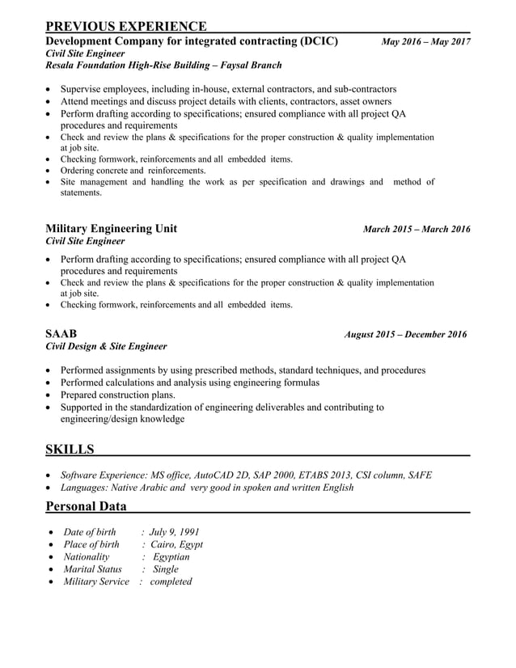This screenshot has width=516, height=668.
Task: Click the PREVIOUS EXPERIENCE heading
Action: coord(125,27)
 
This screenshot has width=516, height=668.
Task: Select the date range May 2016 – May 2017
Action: coord(425,41)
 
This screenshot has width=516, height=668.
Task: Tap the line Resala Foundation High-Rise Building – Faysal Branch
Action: coord(163,65)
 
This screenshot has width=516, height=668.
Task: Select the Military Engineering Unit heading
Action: coord(112,229)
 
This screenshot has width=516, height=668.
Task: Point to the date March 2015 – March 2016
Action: coord(417,230)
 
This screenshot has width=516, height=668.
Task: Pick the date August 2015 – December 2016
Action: coord(405,334)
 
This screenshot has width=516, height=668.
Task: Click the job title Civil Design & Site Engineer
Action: coord(106,346)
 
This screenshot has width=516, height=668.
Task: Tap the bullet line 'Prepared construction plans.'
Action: coord(117,395)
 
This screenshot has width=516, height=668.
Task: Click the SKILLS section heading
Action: coord(70,449)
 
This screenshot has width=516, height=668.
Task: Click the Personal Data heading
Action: coord(86,506)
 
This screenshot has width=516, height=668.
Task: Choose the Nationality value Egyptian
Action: coord(171,556)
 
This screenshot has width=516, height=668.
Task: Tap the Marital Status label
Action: coord(92,569)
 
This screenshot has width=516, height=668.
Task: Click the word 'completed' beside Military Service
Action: coord(171,581)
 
